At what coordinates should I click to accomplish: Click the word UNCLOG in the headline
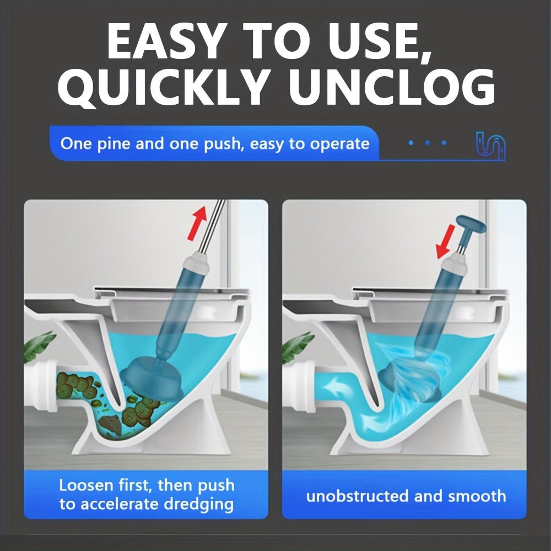[391, 87]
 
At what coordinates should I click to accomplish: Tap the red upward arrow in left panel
[197, 224]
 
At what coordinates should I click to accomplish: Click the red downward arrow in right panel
[446, 242]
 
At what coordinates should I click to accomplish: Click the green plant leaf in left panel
[38, 346]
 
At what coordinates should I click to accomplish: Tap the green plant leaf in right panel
[297, 346]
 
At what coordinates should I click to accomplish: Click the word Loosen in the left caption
[86, 485]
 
